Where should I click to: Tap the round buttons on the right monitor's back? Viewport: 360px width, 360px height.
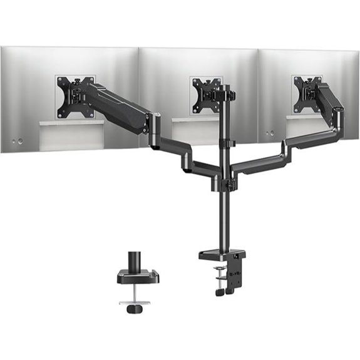click(270, 133)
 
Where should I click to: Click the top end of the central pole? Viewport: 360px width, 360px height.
click(224, 88)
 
